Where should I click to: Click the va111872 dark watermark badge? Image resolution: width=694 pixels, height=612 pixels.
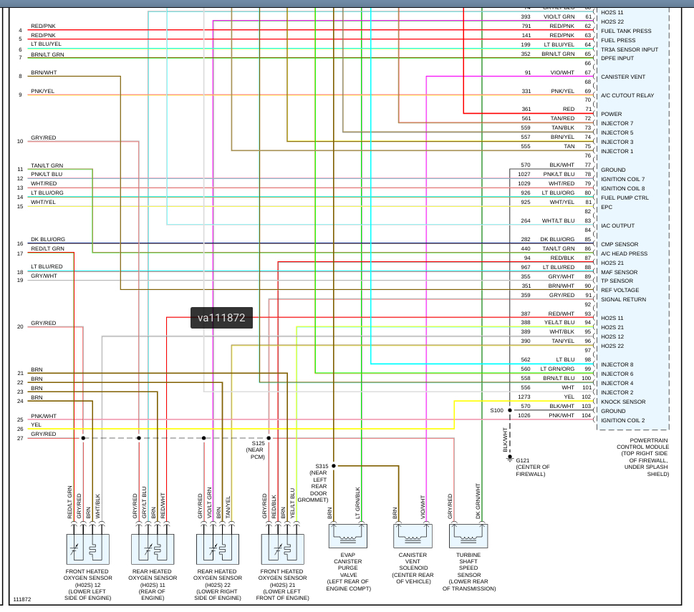coord(222,318)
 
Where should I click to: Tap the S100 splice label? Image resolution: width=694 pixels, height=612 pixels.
coord(497,411)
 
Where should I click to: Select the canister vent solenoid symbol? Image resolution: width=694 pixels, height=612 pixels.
coord(413,536)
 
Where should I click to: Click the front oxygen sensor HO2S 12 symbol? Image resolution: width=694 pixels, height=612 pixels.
coord(87,548)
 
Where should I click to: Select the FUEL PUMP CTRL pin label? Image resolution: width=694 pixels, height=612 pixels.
coord(625,198)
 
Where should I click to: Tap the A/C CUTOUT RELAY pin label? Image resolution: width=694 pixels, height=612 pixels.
coord(627,95)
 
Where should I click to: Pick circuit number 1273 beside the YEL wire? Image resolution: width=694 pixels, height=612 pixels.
coord(524,397)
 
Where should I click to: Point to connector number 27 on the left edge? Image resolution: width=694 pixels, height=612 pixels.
coord(20,437)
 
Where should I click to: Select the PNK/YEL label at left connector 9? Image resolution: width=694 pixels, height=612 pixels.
coord(42,91)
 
